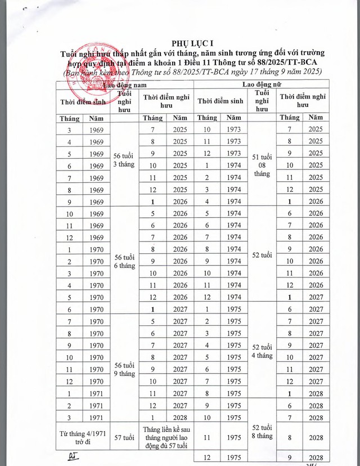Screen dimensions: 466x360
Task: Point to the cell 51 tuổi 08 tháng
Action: coord(262,164)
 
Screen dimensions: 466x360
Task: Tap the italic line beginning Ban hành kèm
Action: coord(188,72)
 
